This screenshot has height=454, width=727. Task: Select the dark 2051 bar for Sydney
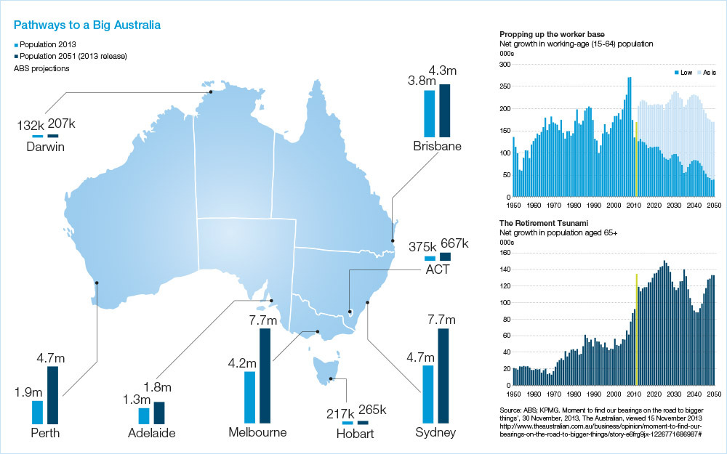pos(443,376)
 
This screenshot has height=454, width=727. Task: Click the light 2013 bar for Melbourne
pos(250,397)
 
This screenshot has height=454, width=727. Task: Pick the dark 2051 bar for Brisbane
pos(444,110)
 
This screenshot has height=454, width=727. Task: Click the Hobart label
pos(356,434)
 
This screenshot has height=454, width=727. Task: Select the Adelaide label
pos(151,434)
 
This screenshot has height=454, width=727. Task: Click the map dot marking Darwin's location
pos(210,92)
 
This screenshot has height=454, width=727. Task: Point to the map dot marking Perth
pos(97,284)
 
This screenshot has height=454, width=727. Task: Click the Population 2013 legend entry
pos(49,45)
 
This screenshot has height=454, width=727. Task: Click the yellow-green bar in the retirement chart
pos(636,329)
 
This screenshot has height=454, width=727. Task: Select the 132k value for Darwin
pos(31,126)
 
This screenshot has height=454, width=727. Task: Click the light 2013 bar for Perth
pos(38,412)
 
